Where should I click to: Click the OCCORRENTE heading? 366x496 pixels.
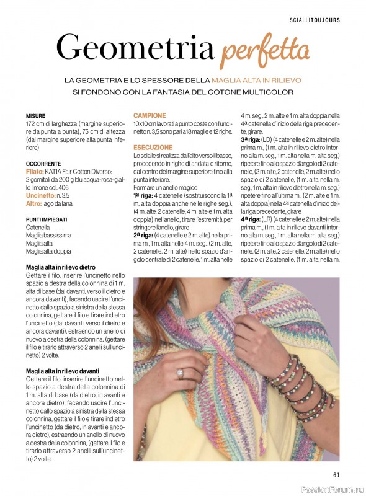(x=43, y=164)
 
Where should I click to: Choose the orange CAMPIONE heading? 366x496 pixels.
(x=150, y=115)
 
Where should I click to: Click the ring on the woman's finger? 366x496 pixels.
(x=181, y=373)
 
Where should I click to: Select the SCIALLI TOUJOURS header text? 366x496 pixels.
(x=315, y=20)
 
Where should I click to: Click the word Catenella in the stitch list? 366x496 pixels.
(x=38, y=228)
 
